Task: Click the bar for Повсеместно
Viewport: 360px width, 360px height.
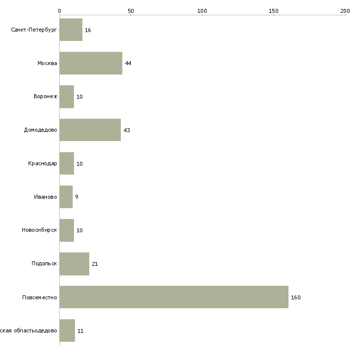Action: click(x=174, y=297)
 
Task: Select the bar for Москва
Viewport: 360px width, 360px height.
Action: click(x=91, y=63)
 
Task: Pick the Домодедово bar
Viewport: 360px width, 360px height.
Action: click(x=90, y=130)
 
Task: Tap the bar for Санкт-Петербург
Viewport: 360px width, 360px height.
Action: click(x=71, y=30)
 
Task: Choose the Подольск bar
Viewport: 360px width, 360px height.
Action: click(x=74, y=264)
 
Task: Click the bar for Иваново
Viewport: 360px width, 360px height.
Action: click(x=66, y=197)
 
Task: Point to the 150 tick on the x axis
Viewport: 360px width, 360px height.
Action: click(x=274, y=11)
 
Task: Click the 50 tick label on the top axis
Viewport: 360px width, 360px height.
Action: click(x=131, y=11)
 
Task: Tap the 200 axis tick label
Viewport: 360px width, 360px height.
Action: click(x=345, y=11)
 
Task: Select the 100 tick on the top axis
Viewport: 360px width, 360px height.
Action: click(x=202, y=11)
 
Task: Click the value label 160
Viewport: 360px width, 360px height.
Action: click(x=296, y=297)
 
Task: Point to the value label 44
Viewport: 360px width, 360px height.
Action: click(x=128, y=64)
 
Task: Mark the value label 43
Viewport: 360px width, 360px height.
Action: click(x=127, y=130)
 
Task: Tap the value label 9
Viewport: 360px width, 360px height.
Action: click(x=76, y=197)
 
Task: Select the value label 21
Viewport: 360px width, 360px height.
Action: click(x=95, y=264)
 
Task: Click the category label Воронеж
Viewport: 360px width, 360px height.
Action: click(x=45, y=97)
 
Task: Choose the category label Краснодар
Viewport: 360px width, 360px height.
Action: click(x=42, y=163)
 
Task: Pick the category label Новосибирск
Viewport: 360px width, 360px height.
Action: click(x=39, y=230)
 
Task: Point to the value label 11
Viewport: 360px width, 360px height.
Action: click(x=80, y=331)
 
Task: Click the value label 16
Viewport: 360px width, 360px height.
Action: click(x=88, y=31)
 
